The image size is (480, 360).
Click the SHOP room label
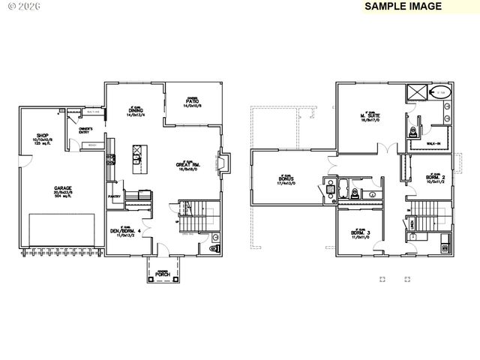(43, 136)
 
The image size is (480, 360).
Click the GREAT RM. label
(187, 166)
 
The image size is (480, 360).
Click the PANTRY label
(115, 197)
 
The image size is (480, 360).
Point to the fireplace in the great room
(220, 163)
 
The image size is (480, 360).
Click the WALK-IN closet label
(433, 142)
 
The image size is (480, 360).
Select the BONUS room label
(286, 180)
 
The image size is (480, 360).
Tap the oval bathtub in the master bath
(441, 92)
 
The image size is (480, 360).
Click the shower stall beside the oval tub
(415, 92)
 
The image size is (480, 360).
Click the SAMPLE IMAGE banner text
(403, 6)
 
